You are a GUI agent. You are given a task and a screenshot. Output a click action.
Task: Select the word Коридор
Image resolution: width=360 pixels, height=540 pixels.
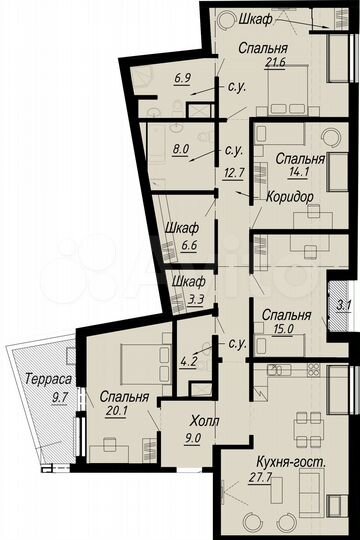(x=289, y=197)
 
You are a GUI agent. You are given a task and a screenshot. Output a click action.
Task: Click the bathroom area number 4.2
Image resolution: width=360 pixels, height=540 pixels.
(x=186, y=350)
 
